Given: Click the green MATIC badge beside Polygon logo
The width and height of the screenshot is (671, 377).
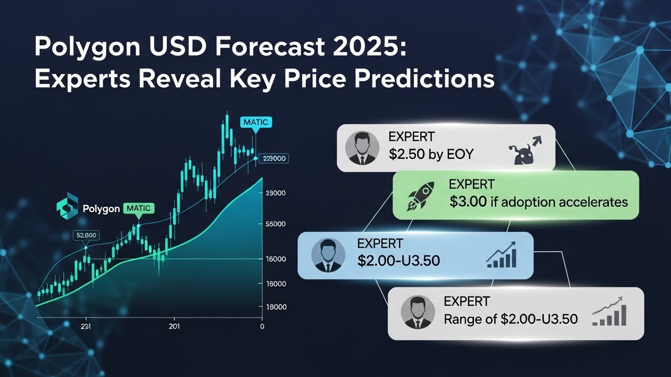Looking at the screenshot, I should (x=139, y=208).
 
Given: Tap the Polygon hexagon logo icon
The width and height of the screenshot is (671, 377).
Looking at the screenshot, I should (x=67, y=209).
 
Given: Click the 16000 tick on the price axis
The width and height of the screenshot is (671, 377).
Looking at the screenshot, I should (x=275, y=259).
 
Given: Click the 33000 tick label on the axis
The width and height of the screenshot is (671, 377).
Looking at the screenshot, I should (x=275, y=194).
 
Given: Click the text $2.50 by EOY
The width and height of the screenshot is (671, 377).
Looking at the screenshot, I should (x=431, y=154).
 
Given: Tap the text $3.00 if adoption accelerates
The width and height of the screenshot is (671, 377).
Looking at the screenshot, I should (x=538, y=201).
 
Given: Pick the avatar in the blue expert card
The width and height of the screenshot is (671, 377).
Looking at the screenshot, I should (x=328, y=255).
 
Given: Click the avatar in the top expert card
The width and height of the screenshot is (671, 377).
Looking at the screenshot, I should (x=362, y=147).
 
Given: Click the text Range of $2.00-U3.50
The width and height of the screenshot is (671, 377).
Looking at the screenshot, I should (x=510, y=319).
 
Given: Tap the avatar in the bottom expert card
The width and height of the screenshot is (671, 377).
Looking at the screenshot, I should (x=418, y=312).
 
